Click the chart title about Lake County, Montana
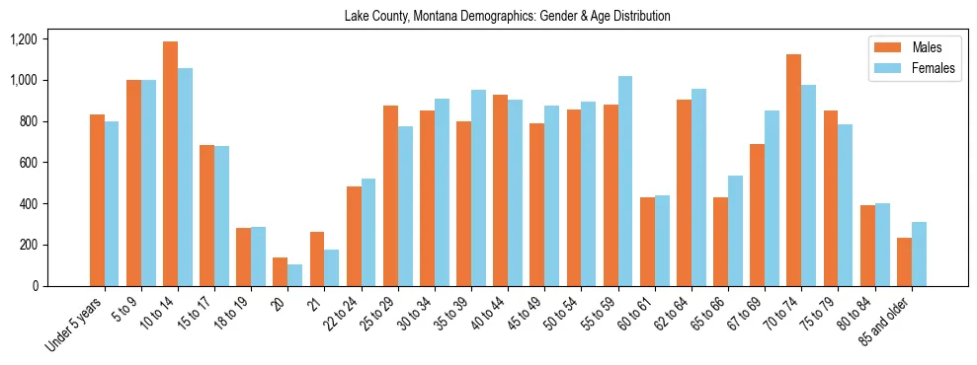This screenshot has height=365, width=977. pos(507,17)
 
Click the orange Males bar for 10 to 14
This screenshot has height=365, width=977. pos(171,164)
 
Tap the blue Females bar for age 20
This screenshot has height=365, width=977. pos(295,275)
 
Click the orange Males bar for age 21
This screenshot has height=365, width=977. pos(317,258)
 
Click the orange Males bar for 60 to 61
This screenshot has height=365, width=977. pos(647,242)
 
